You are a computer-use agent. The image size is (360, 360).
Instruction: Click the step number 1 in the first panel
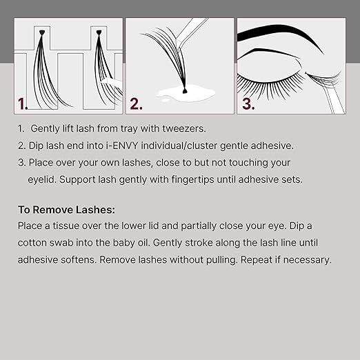(x=23, y=104)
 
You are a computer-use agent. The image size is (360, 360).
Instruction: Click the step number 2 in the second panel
(x=136, y=104)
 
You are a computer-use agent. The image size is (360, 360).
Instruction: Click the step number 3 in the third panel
(x=247, y=104)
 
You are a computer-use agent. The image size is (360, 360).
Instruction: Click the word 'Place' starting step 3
(x=42, y=162)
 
